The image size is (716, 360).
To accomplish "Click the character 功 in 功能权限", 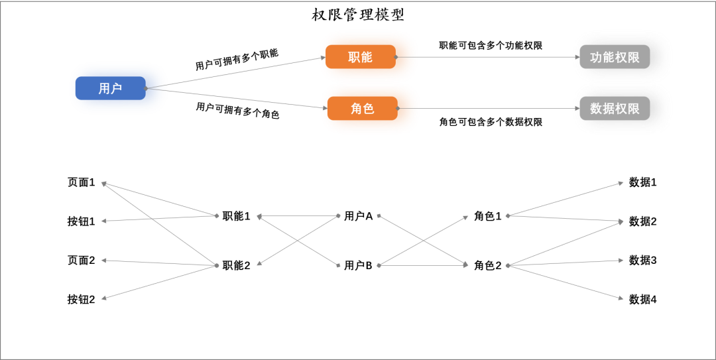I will [596, 58].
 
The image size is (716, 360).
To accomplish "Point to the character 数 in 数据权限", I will [596, 109].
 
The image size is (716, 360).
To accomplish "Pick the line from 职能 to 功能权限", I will [491, 57].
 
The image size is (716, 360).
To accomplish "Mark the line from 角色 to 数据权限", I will [491, 108].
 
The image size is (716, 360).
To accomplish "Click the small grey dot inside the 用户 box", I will [146, 88].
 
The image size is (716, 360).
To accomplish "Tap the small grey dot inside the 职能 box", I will [396, 57].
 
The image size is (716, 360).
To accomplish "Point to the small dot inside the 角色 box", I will [398, 108].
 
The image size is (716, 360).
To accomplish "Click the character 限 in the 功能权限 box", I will [633, 58].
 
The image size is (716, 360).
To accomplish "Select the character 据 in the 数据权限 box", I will [609, 109].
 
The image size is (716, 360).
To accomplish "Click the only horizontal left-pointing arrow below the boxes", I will [298, 215].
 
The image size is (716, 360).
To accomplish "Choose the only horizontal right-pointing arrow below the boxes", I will [424, 265].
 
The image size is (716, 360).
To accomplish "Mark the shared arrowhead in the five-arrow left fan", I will [104, 184].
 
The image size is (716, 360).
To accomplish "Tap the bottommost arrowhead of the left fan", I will [103, 298].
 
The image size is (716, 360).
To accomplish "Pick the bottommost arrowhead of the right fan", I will [621, 298].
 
